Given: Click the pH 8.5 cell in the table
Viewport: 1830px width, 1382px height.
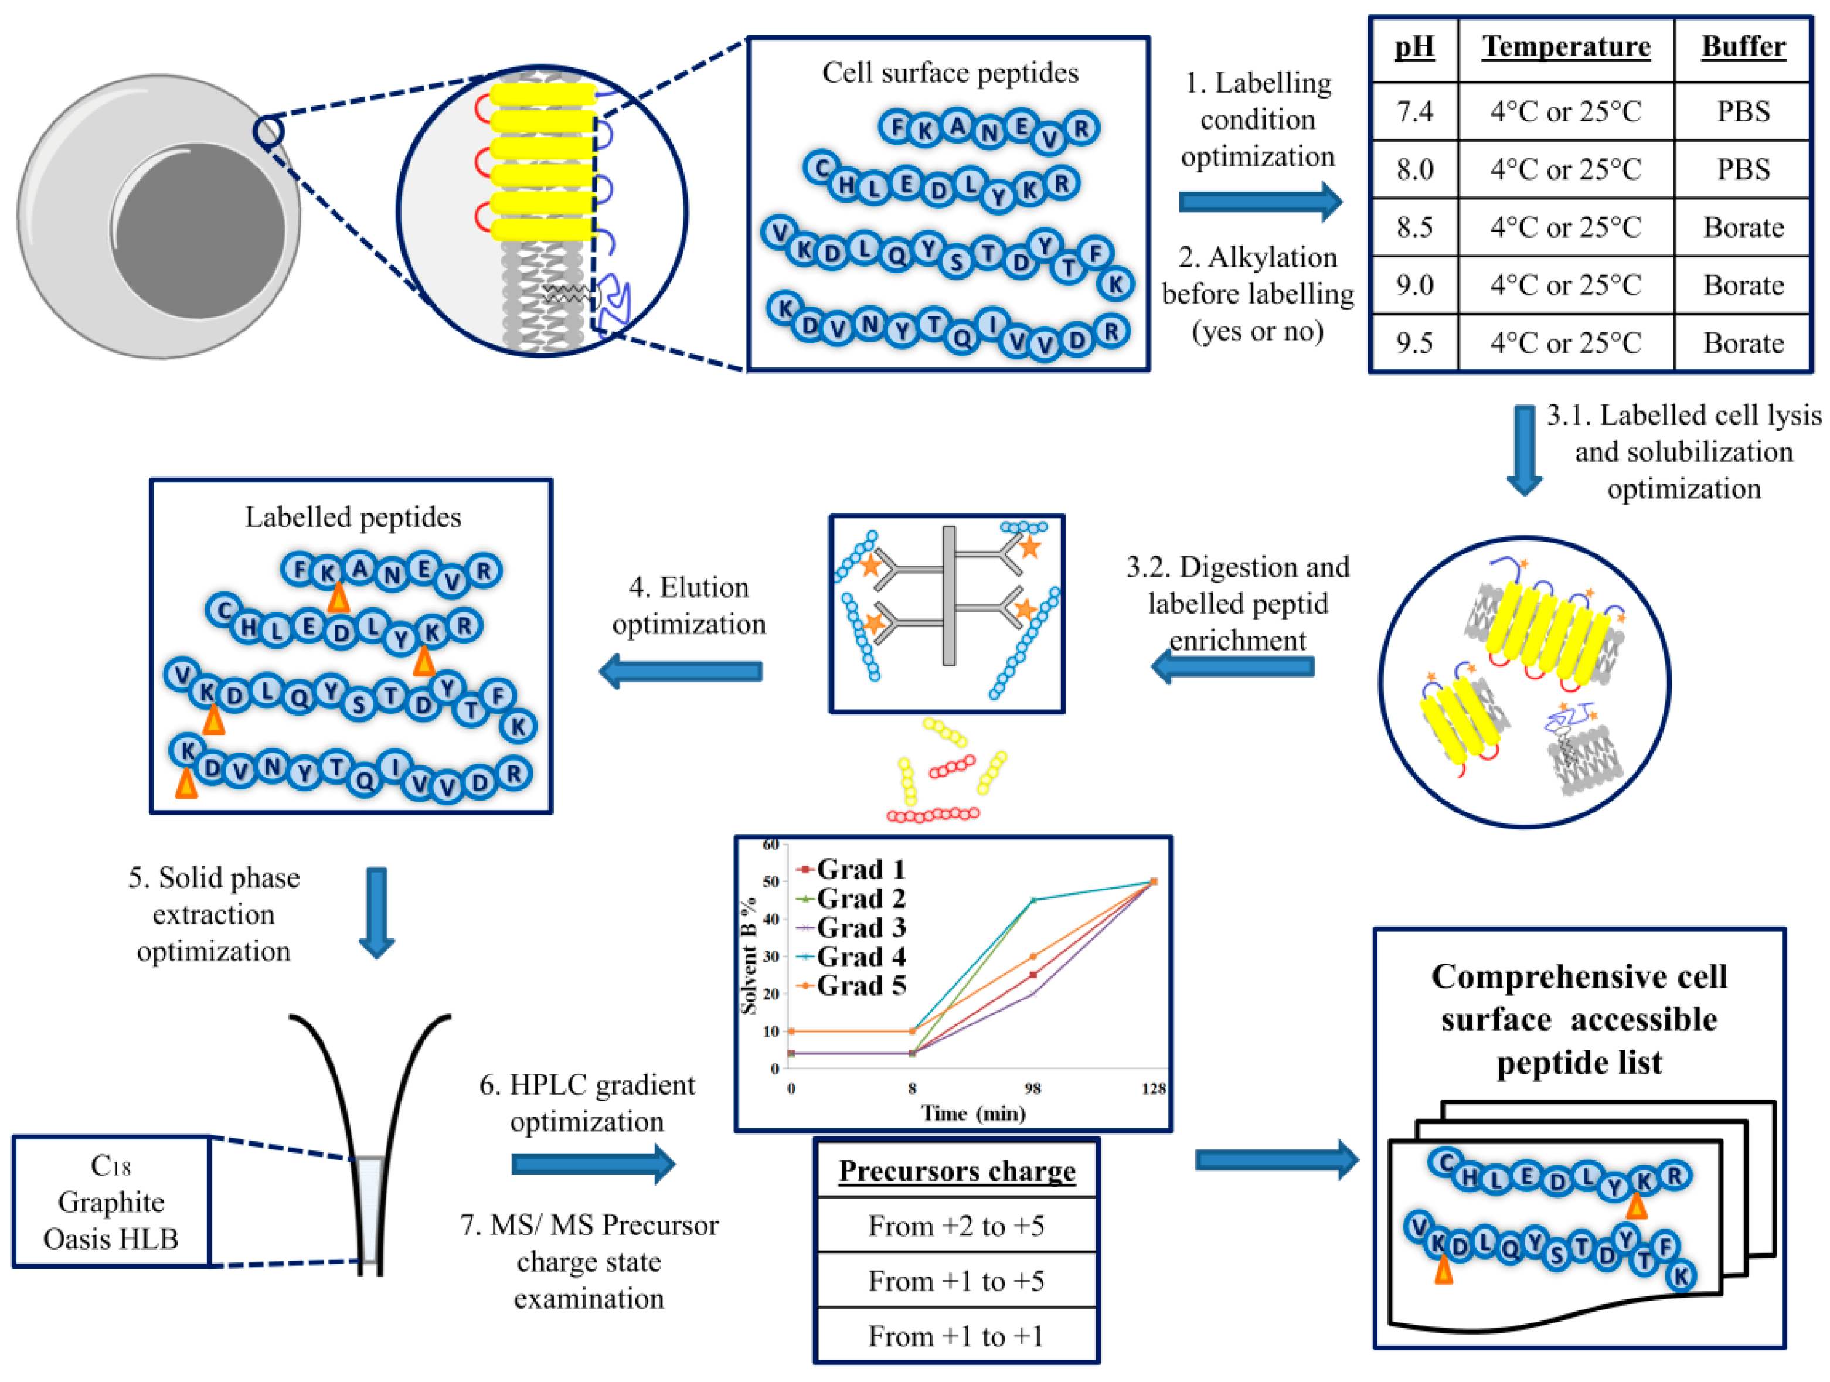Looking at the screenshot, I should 1414,227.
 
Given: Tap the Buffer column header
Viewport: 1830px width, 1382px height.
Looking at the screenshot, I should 1743,46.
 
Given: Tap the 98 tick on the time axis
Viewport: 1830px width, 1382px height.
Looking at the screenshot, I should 1032,1088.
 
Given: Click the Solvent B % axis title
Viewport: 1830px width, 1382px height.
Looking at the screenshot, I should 749,955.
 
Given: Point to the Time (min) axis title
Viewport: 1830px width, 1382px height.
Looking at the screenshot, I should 973,1113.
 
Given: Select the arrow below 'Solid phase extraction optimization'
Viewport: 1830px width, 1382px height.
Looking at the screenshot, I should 376,911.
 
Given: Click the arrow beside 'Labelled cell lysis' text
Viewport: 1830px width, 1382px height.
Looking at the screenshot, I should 1524,450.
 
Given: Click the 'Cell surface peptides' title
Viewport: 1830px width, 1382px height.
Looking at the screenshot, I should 950,73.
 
